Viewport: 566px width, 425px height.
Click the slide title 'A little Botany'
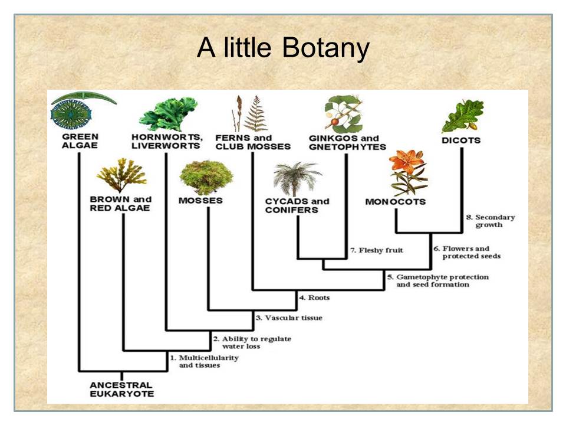click(x=283, y=48)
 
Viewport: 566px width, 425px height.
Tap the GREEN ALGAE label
click(x=80, y=140)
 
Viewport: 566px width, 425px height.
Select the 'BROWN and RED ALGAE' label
click(x=121, y=204)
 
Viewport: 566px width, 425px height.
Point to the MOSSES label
click(x=200, y=201)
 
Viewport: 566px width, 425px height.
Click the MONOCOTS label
click(x=395, y=202)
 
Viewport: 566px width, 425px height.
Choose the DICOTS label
click(x=461, y=141)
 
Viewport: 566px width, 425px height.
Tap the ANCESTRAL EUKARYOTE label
click(x=121, y=389)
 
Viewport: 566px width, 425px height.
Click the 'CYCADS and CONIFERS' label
click(x=297, y=205)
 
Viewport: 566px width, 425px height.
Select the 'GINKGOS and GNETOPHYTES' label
click(x=347, y=142)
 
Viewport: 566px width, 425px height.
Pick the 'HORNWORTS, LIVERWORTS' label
click(x=167, y=142)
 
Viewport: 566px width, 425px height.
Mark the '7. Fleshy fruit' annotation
click(x=377, y=250)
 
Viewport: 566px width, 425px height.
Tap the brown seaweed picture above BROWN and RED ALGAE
click(x=121, y=175)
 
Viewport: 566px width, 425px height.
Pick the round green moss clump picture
click(x=206, y=175)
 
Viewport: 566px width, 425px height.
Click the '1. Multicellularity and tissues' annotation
click(x=195, y=361)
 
